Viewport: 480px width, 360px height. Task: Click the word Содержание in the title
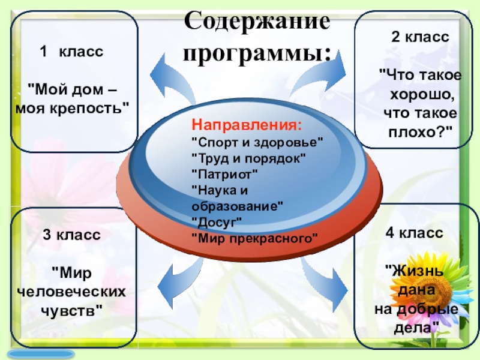(x=257, y=23)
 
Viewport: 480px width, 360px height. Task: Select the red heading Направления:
(x=247, y=127)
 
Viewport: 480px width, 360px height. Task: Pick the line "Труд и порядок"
(x=248, y=158)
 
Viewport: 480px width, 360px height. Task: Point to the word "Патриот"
(x=224, y=174)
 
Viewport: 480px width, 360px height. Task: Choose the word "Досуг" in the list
(x=217, y=222)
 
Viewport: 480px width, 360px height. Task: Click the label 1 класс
(x=72, y=52)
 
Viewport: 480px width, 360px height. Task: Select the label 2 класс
(x=420, y=37)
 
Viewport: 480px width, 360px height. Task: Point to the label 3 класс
(x=71, y=235)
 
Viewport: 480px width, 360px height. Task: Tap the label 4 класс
(x=414, y=233)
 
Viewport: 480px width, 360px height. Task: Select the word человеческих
(x=71, y=292)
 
